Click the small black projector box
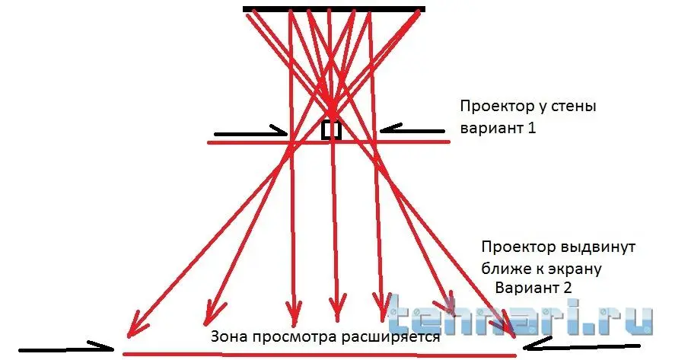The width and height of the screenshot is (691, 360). click(331, 130)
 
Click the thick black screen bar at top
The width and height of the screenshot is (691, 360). click(333, 9)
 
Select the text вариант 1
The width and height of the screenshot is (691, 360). click(498, 128)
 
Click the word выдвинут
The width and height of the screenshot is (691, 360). click(596, 248)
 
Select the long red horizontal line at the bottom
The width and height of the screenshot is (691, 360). click(320, 352)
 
